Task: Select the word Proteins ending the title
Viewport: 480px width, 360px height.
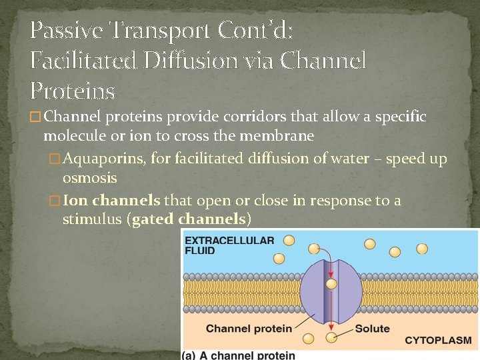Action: coord(73,91)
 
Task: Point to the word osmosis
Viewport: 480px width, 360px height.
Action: coord(89,178)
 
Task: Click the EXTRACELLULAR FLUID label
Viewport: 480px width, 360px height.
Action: coord(229,245)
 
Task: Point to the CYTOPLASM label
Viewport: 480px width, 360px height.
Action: coord(438,341)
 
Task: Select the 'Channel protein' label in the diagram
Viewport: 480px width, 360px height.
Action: coord(249,328)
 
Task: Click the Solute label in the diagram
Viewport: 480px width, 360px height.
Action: coord(372,328)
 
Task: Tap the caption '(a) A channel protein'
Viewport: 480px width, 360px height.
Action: coord(238,355)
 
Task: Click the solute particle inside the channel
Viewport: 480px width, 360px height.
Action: coord(331,284)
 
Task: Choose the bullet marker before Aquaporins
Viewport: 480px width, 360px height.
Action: coord(55,159)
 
